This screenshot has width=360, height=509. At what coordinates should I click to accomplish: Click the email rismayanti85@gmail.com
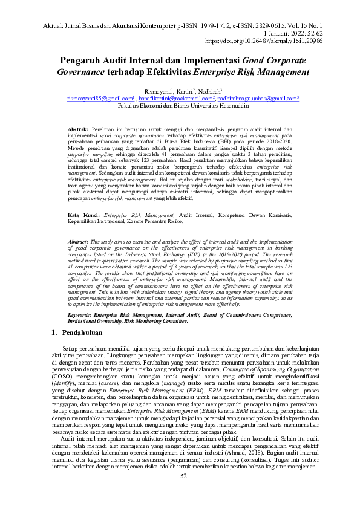(100, 97)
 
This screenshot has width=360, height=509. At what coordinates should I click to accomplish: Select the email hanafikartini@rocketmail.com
(175, 97)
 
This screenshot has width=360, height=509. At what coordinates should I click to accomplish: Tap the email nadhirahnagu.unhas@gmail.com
(258, 97)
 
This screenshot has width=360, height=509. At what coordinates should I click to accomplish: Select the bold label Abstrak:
(78, 130)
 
